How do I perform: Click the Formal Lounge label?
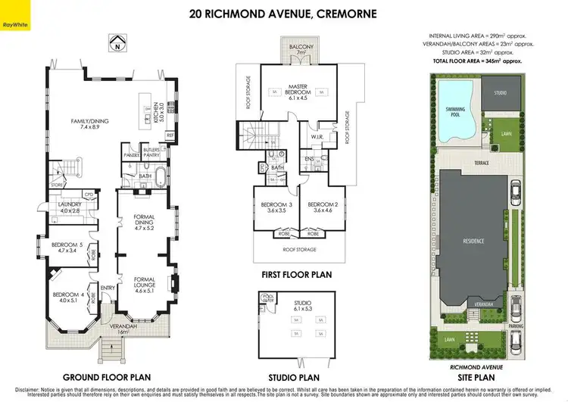coord(144,283)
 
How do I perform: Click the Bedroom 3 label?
coord(270,207)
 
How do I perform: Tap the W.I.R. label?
coord(317,137)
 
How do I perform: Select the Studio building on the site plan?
coord(500,94)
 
